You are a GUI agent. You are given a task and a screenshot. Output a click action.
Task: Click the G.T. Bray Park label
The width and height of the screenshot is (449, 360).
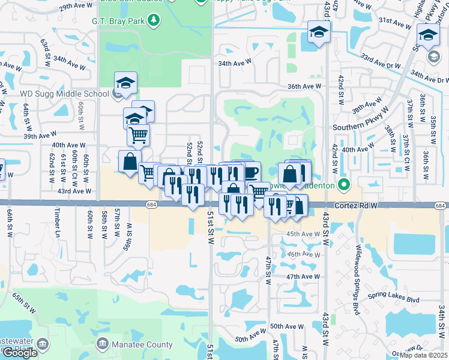[x=119, y=21]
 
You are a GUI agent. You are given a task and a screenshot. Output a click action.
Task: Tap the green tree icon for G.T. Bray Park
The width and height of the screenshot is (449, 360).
[x=154, y=21]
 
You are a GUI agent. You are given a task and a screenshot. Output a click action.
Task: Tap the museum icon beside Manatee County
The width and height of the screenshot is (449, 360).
[x=103, y=344]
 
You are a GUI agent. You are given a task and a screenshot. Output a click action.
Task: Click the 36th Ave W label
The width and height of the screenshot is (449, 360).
[x=303, y=86]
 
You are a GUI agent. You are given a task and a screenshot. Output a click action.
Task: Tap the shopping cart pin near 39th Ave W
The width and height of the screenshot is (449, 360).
[x=138, y=135]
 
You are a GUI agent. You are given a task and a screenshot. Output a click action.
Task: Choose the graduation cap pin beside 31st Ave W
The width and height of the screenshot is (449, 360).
[x=319, y=32]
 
